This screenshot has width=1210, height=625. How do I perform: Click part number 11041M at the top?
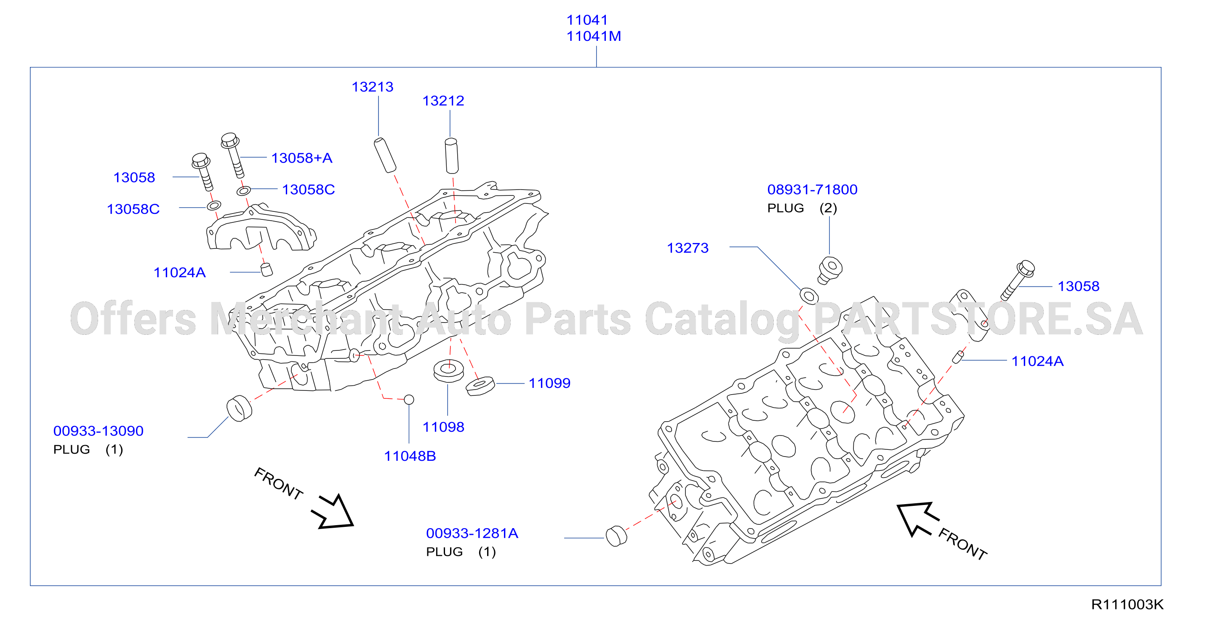[593, 36]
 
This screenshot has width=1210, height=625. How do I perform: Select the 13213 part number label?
[373, 87]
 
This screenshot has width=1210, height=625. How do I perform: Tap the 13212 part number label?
[443, 101]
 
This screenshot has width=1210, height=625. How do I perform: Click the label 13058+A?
[301, 158]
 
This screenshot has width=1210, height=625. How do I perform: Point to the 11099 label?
[549, 383]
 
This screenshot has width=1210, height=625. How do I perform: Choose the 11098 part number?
[443, 427]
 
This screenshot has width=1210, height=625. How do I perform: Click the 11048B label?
[410, 456]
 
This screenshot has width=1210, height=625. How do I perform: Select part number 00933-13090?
[98, 431]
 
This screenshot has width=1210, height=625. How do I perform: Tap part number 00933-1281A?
[472, 533]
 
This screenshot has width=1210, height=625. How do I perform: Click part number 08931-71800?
[812, 190]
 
